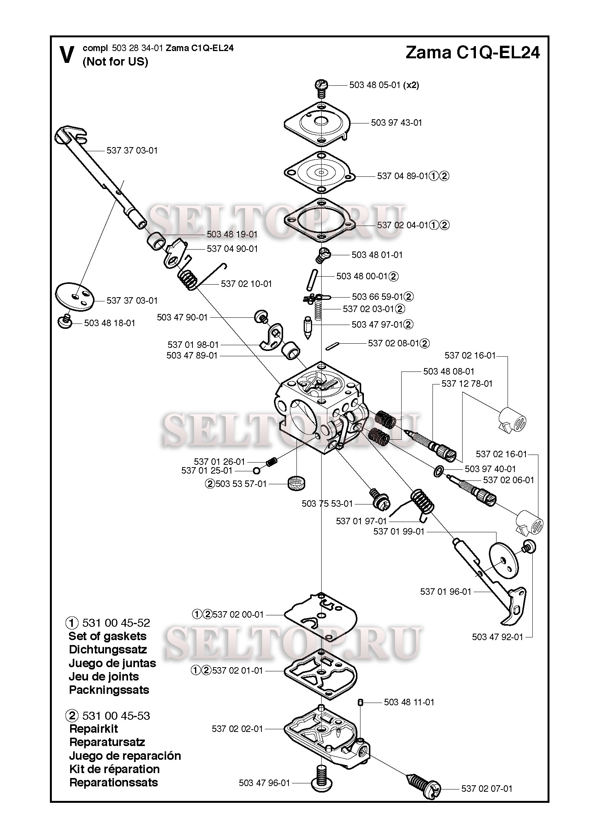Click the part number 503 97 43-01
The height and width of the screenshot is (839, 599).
click(396, 123)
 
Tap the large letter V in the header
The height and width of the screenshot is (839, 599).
click(67, 55)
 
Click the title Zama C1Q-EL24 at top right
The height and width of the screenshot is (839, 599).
click(472, 53)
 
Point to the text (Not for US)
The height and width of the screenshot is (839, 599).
click(115, 62)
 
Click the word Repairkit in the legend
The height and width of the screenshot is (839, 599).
click(93, 729)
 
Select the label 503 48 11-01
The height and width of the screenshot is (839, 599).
click(409, 702)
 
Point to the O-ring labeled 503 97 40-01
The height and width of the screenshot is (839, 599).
click(439, 471)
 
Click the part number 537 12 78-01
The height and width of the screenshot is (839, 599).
click(467, 384)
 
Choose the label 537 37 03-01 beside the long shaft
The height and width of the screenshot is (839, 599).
click(132, 151)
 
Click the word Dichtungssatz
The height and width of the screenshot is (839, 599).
click(107, 650)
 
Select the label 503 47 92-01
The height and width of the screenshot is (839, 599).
click(497, 637)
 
